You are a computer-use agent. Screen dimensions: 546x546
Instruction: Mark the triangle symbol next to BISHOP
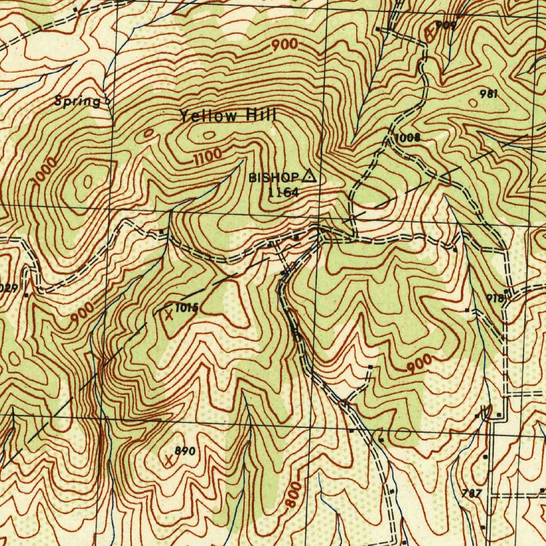click(309, 175)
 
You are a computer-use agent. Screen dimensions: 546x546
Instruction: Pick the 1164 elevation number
click(283, 192)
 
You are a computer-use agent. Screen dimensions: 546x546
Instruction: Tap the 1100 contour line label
click(207, 156)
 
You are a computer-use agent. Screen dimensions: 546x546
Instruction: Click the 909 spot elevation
click(445, 25)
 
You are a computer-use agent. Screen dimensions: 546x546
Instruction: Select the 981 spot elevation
click(488, 94)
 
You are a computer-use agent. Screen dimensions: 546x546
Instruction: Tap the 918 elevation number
click(495, 299)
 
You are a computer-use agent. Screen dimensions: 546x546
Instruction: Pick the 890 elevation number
click(186, 452)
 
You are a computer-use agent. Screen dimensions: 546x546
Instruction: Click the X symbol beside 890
click(169, 459)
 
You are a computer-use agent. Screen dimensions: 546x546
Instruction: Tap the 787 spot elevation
click(472, 493)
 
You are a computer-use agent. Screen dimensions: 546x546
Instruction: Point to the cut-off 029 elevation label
click(10, 288)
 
